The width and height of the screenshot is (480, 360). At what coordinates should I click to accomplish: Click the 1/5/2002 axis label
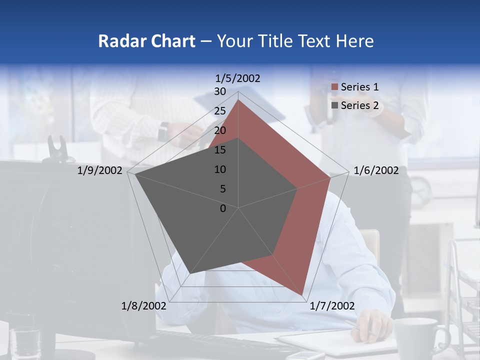pyautogui.click(x=238, y=78)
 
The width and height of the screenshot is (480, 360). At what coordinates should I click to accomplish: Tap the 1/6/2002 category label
pyautogui.click(x=376, y=170)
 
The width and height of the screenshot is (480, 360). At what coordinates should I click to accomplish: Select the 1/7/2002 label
pyautogui.click(x=332, y=306)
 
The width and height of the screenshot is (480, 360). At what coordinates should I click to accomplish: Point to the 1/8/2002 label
pyautogui.click(x=144, y=306)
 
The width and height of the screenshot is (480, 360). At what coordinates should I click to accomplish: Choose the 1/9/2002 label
pyautogui.click(x=100, y=170)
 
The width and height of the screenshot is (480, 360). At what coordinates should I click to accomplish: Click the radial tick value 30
pyautogui.click(x=220, y=91)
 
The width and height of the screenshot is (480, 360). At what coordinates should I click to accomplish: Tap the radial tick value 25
pyautogui.click(x=220, y=111)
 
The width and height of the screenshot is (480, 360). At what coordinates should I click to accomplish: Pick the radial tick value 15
pyautogui.click(x=220, y=150)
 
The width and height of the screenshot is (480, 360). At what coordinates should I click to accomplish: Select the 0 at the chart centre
pyautogui.click(x=223, y=208)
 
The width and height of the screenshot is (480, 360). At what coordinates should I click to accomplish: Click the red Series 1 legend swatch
pyautogui.click(x=334, y=87)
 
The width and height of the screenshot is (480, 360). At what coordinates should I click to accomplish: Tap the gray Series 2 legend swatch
pyautogui.click(x=334, y=105)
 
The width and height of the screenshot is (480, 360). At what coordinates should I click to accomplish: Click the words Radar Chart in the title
pyautogui.click(x=146, y=41)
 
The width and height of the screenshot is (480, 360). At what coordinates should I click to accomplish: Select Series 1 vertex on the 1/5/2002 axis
pyautogui.click(x=238, y=99)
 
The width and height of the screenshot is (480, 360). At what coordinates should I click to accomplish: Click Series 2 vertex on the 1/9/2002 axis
pyautogui.click(x=135, y=174)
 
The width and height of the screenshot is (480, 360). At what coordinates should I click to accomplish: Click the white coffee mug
pyautogui.click(x=416, y=337)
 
